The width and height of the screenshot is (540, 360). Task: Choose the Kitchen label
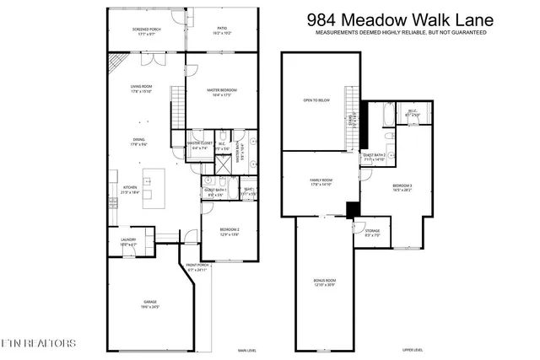click(x=132, y=191)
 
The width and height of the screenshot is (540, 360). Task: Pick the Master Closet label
click(x=199, y=146)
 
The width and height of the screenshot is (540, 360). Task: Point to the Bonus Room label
click(x=325, y=282)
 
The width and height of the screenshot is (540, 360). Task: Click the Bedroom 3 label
click(x=402, y=186)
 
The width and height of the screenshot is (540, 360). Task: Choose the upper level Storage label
click(x=372, y=232)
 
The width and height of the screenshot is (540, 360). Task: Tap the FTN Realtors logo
click(x=39, y=343)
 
